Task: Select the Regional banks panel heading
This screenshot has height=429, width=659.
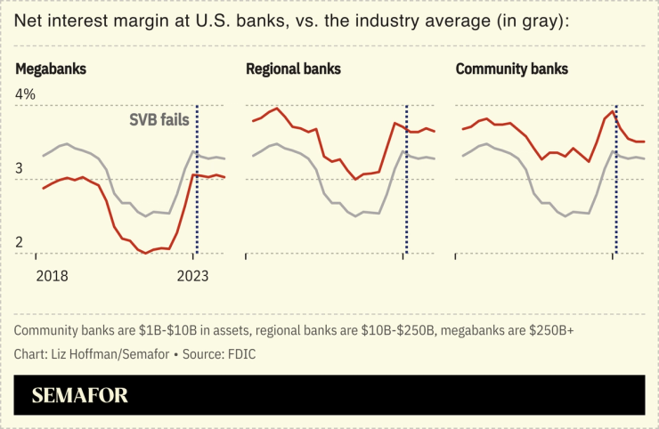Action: point(293,69)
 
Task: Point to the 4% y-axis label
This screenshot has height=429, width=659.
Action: point(25,93)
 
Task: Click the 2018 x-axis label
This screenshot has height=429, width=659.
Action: point(53,276)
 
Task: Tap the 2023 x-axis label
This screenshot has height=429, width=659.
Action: point(192,276)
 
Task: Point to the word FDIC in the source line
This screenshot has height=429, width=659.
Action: point(244,352)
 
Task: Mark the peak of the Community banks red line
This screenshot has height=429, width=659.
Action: point(613,112)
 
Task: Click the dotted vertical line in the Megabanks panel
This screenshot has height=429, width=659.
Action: point(197,178)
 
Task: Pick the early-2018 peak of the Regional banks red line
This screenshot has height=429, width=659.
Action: point(279,109)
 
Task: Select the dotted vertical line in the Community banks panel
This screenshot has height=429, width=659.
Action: point(616,178)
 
